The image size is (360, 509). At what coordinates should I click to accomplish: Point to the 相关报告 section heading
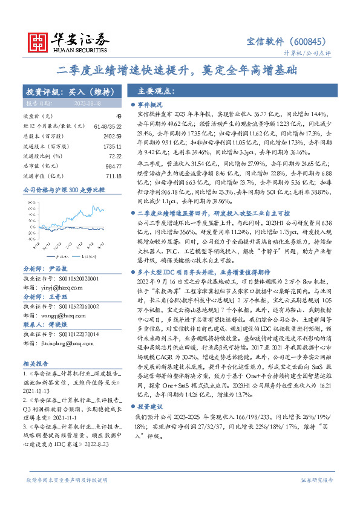[36, 347]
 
